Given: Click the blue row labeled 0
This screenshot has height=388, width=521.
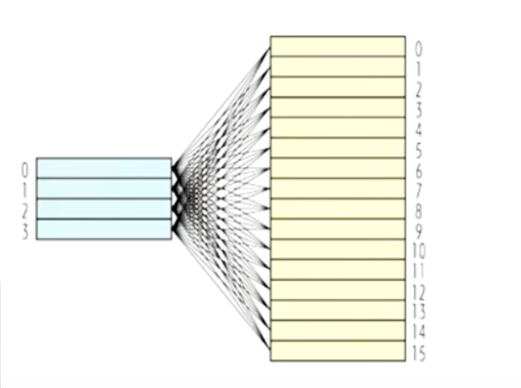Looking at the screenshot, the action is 104,168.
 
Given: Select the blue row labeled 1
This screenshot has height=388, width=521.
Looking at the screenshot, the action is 104,188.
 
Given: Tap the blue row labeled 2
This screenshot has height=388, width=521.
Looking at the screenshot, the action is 104,209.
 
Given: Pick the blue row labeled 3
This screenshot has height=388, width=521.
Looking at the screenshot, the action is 104,229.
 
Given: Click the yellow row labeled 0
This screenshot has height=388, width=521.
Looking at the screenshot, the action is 338,46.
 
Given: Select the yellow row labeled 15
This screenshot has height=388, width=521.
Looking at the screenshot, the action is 338,351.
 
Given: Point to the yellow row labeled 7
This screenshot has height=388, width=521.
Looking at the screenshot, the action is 338,188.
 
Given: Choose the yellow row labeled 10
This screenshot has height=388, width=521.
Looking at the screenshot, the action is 338,249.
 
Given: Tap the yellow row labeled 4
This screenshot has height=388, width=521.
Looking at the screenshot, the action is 338,128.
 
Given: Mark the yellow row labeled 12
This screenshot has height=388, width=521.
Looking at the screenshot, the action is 338,290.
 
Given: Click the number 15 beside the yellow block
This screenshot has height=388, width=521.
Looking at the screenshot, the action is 419,353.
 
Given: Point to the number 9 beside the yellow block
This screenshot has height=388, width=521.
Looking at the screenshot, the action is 418,231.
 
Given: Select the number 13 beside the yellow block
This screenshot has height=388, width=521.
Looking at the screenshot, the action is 419,312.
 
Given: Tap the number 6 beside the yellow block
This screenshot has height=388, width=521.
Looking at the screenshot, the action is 418,171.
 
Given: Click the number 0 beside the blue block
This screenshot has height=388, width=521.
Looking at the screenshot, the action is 25,170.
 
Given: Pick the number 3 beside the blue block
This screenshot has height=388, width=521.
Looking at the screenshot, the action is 25,231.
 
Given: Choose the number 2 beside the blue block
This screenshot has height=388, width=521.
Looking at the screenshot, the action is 25,212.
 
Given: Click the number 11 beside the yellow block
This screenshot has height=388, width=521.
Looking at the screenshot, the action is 419,272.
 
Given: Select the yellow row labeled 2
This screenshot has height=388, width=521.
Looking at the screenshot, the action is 338,87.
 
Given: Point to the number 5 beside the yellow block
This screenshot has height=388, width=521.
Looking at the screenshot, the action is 418,151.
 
